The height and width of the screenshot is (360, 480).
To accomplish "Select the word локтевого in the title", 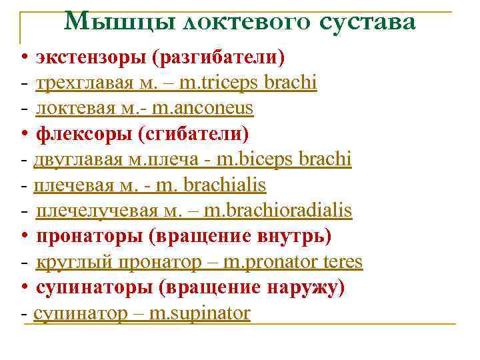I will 245,22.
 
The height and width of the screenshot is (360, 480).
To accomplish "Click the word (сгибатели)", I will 193,133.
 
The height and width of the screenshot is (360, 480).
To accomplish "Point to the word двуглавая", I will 79,159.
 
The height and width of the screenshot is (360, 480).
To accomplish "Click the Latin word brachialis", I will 229,185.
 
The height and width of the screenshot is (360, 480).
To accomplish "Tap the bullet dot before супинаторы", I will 23,287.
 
